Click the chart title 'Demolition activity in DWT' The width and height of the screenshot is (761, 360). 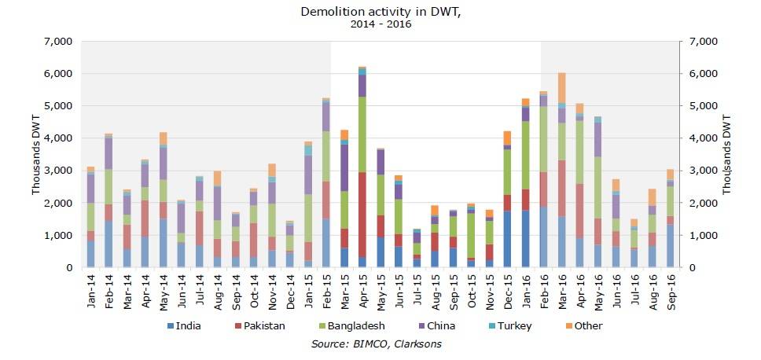[x=380, y=11]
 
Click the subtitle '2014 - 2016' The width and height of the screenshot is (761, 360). [x=380, y=24]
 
